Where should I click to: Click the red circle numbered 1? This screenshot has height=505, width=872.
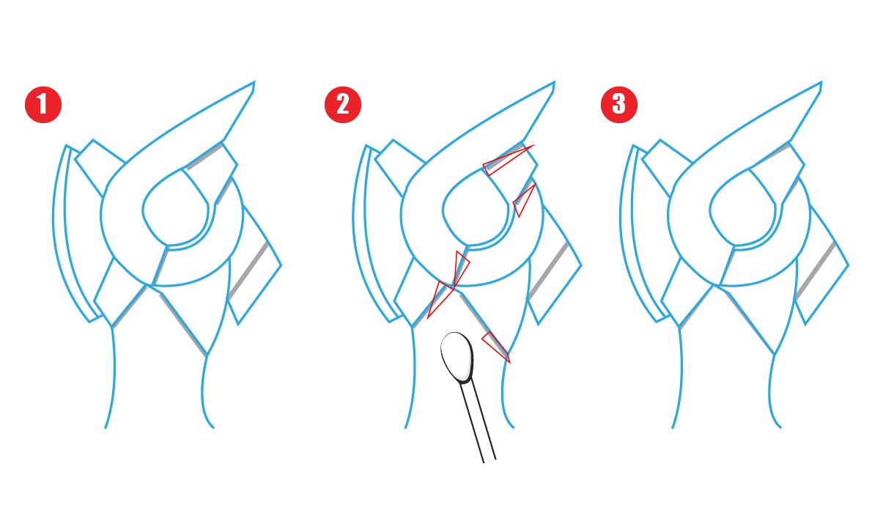pyautogui.click(x=43, y=104)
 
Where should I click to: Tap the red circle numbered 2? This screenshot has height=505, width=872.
pyautogui.click(x=343, y=104)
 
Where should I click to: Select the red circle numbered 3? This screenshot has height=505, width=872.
pyautogui.click(x=619, y=104)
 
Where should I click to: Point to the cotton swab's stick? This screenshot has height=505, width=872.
pyautogui.click(x=480, y=425)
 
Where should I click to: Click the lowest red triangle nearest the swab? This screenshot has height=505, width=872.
pyautogui.click(x=496, y=346)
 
